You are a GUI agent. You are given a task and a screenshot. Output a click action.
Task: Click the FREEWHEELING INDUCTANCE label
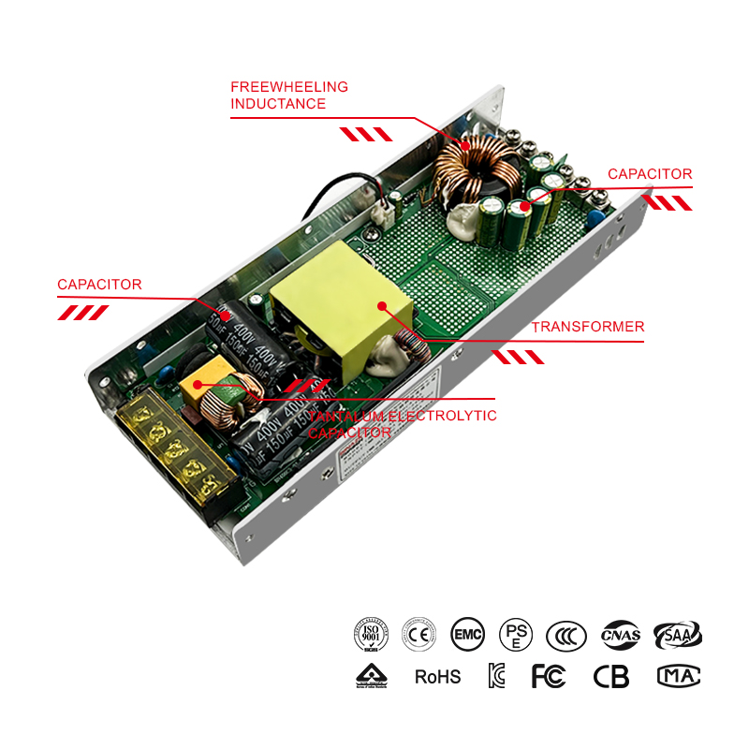click(289, 95)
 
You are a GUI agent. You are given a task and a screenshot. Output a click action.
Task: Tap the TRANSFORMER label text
click(587, 327)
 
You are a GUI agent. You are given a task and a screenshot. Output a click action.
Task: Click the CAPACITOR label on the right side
click(650, 174)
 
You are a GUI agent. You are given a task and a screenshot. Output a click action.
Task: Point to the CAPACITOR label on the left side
click(99, 285)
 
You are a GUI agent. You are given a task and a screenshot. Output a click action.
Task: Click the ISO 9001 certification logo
click(371, 635)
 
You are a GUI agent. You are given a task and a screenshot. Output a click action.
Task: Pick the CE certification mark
click(419, 635)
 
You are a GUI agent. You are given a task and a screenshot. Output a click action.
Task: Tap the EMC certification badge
click(467, 635)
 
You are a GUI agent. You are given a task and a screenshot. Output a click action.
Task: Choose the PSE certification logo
click(516, 635)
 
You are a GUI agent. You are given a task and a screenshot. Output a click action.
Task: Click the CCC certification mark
click(566, 635)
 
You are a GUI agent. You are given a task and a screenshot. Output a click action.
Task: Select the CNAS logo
click(621, 635)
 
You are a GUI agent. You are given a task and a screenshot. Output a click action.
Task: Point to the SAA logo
click(677, 635)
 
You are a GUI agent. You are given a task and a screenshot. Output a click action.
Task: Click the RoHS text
click(438, 676)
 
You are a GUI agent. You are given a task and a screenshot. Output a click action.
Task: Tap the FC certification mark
click(549, 676)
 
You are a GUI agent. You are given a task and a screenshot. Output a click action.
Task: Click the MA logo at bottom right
click(679, 676)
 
